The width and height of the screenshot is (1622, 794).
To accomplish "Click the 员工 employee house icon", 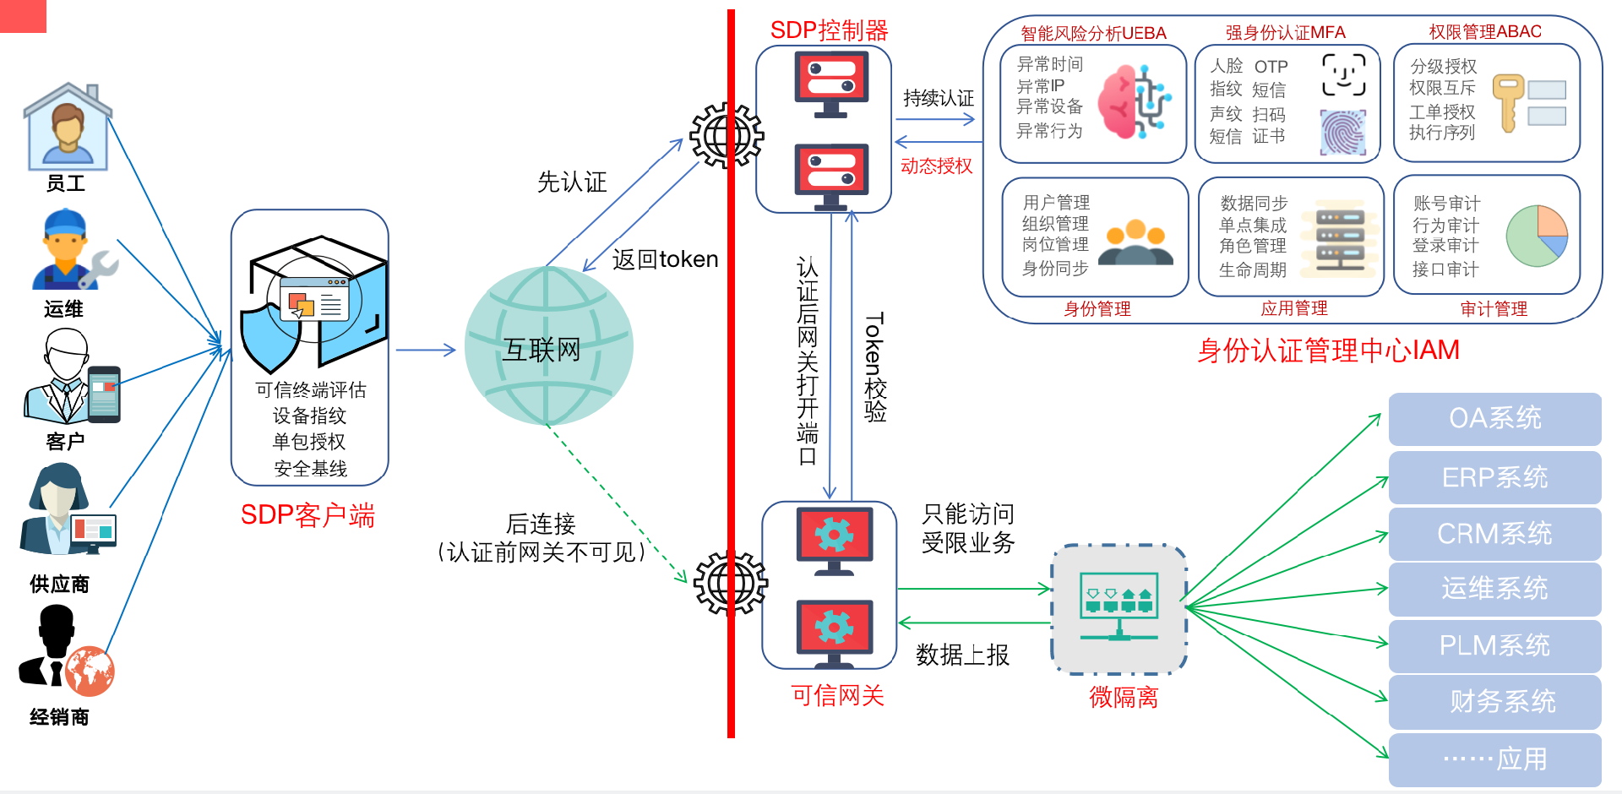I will pos(68,127).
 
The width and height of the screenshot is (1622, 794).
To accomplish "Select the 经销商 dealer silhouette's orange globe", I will pos(90,672).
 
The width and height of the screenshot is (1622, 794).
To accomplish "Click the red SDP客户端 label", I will pos(308,514).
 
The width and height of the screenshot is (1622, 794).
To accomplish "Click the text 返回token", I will pos(665,259).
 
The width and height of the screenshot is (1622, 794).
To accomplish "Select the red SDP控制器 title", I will pos(829,30).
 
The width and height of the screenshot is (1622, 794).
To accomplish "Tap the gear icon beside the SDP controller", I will pos(726,135).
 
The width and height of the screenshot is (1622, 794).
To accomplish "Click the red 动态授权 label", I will pos(936,166).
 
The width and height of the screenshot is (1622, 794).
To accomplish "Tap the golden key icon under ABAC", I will pos(1507,101).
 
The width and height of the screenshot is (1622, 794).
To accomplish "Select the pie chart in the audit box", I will pos(1537,236).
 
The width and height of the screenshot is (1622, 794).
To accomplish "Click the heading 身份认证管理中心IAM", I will pos(1328,350).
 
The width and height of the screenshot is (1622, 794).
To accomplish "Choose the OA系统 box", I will pos(1494,418).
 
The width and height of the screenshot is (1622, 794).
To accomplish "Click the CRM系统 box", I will pos(1494,534).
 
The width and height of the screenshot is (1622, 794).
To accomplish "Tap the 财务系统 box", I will pos(1494,701).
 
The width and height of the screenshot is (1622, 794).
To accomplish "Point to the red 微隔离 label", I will pos(1123,697).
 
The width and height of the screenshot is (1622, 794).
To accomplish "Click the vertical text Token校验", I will pos(875,367).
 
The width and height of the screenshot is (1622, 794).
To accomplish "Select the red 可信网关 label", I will pos(837,695).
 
